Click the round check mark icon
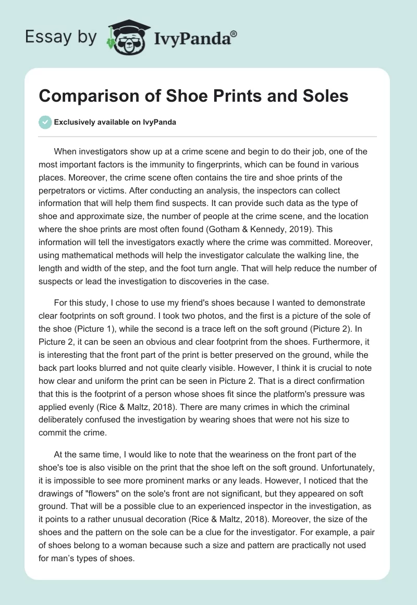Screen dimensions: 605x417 [x=45, y=122]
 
